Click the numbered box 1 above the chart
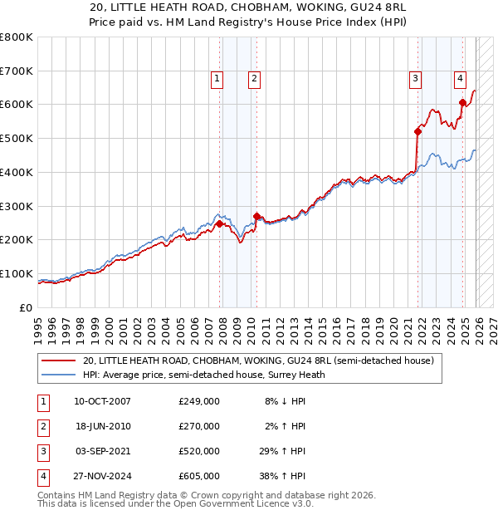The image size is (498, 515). tap(217, 79)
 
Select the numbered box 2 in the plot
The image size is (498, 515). tap(253, 79)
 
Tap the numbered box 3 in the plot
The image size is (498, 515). tap(414, 79)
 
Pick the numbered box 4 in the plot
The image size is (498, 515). tap(459, 79)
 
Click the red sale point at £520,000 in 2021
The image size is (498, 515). tap(417, 131)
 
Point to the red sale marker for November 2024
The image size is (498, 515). tap(463, 102)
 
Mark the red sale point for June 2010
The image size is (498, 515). tap(256, 216)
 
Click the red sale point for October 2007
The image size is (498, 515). tap(219, 223)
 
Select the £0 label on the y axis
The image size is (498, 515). tap(27, 307)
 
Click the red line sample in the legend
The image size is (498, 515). tap(58, 360)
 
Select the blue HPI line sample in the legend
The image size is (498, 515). tap(58, 375)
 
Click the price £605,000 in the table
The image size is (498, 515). tap(198, 476)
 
